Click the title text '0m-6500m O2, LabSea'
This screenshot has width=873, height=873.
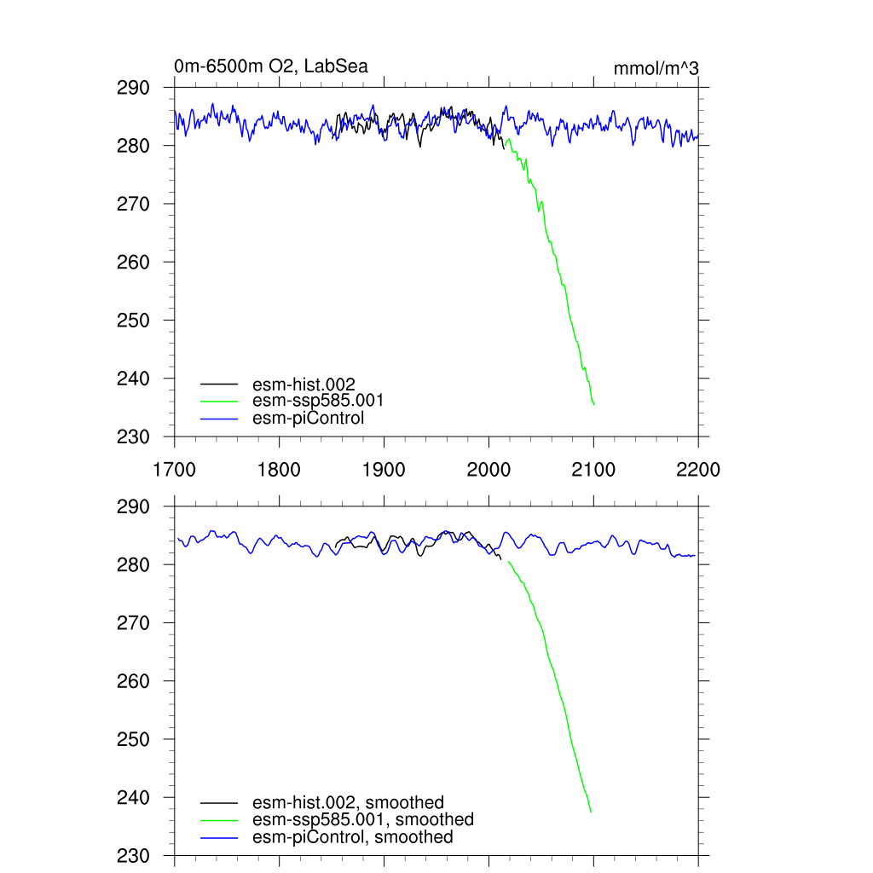[x=271, y=66]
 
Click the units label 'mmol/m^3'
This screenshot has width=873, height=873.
[x=656, y=68]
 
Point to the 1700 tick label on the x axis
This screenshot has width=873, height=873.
[x=174, y=470]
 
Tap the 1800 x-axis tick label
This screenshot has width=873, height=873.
[x=279, y=470]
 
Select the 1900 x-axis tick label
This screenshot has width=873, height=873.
[x=384, y=470]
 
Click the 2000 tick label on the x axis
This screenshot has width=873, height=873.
[x=489, y=470]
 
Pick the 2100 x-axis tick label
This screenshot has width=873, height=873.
[x=593, y=470]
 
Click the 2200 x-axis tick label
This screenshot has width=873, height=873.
[x=698, y=470]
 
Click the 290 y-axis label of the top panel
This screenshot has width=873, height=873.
[x=133, y=88]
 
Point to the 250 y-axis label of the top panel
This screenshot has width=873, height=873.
[x=133, y=321]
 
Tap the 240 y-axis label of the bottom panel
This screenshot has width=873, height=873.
[x=133, y=798]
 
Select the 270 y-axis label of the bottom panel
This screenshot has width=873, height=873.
[x=133, y=623]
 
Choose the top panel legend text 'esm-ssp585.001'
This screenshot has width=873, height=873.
[x=313, y=401]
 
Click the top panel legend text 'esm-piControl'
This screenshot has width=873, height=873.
[x=309, y=418]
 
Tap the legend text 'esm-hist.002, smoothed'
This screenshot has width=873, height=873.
[x=349, y=802]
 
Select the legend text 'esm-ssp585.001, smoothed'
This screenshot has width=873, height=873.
[x=363, y=819]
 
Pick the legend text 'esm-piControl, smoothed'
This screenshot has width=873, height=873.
[x=353, y=837]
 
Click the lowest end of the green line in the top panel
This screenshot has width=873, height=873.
[x=594, y=404]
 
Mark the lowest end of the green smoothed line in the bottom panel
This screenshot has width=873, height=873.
[x=591, y=812]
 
